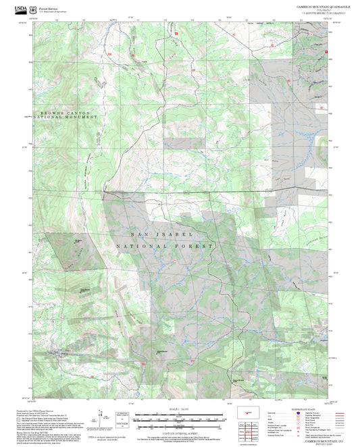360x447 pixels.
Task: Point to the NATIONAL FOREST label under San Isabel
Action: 164,246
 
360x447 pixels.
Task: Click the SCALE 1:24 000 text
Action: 180,409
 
